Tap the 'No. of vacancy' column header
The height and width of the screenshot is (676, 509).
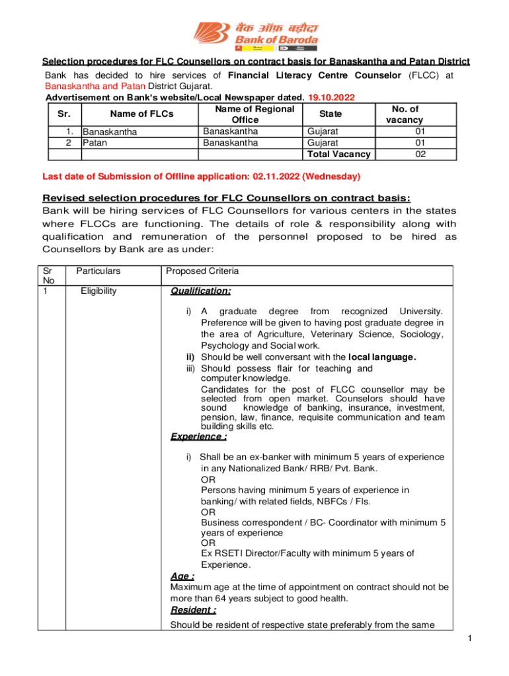click(405, 114)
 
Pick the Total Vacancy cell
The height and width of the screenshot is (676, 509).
click(338, 154)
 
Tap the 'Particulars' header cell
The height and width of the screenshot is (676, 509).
click(98, 271)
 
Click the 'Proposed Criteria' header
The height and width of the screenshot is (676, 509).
click(202, 271)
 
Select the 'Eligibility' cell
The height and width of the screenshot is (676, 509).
click(98, 290)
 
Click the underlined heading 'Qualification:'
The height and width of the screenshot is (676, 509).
click(201, 291)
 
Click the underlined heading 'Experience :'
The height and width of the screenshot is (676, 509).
click(199, 436)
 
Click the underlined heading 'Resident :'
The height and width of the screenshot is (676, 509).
click(193, 610)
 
